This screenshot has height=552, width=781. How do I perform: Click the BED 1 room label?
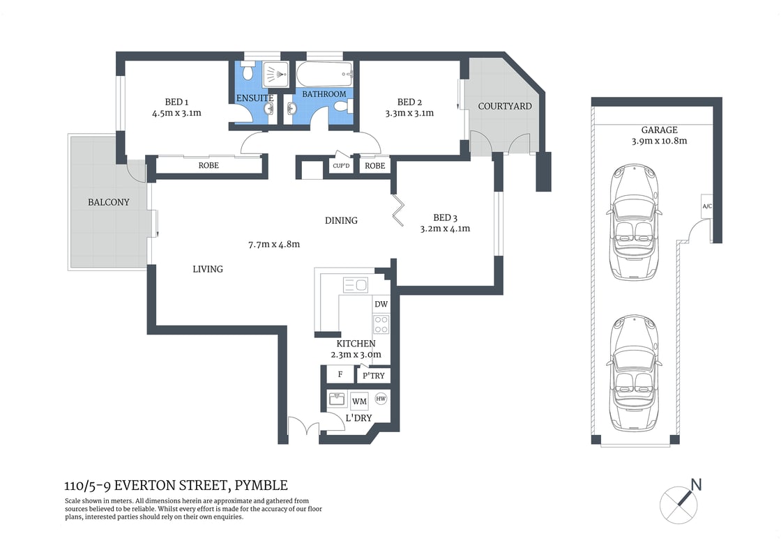[x=176, y=101]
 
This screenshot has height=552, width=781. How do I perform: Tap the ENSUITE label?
[x=255, y=98]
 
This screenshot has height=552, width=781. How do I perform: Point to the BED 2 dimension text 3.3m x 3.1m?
[x=409, y=113]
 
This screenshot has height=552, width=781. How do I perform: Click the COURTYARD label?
[x=504, y=107]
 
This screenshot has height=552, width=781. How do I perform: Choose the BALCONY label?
[x=108, y=202]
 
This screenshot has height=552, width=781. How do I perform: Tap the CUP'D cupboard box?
[x=341, y=166]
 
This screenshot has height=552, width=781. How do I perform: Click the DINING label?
[x=341, y=220]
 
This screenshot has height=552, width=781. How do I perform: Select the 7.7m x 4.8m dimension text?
[x=273, y=244]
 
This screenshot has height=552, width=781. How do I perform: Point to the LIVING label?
[x=208, y=268]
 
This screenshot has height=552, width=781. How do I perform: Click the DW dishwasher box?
[x=381, y=305]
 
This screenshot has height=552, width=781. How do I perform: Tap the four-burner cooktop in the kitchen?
[x=381, y=325]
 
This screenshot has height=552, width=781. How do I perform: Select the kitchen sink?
[x=355, y=284]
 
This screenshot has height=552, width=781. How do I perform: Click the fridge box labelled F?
[x=340, y=374]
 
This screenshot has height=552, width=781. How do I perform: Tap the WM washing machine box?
[x=359, y=401]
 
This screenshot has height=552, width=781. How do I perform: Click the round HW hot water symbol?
[x=381, y=399]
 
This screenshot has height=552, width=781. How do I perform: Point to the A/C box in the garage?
[x=706, y=206]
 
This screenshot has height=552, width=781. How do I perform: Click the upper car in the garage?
[x=634, y=222]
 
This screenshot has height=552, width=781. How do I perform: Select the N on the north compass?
[x=695, y=484]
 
